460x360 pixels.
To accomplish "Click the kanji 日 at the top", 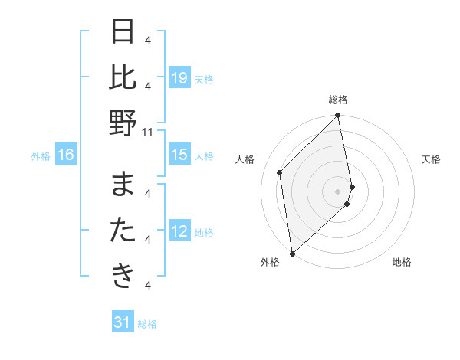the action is tap(123, 33).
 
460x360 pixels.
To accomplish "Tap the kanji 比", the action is tap(123, 77).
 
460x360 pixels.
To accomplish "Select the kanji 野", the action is tap(123, 123).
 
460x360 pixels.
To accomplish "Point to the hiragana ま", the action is tap(123, 186).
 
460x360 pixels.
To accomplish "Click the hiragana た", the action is tap(123, 231).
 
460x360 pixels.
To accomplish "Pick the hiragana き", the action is tap(123, 276).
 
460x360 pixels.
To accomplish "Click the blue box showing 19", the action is tap(179, 78).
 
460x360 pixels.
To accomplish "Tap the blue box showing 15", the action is tap(179, 155).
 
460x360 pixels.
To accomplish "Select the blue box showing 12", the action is tap(179, 232).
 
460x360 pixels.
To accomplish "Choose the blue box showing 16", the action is tap(66, 155).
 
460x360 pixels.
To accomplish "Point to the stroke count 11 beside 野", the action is tap(149, 132).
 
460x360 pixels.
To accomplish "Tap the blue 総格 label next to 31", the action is tap(147, 324).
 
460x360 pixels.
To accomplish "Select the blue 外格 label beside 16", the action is tap(41, 156).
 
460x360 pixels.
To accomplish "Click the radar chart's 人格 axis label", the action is tap(245, 159).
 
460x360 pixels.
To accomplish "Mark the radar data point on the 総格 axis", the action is tap(338, 116).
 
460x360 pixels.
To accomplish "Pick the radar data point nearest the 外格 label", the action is tap(292, 253).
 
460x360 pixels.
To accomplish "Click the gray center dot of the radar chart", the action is tap(338, 191).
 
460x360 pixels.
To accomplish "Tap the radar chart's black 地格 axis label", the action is tap(402, 262).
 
